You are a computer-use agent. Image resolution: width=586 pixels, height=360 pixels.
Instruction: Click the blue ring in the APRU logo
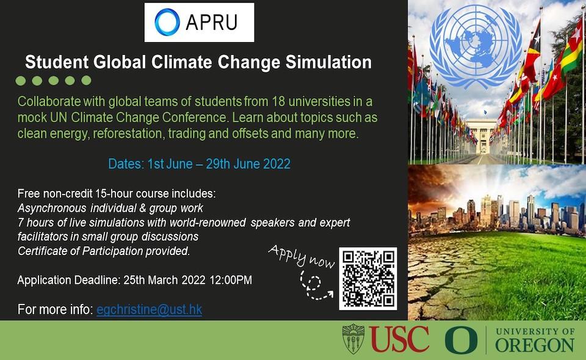point(156,23)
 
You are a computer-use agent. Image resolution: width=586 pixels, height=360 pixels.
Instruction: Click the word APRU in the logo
point(211,23)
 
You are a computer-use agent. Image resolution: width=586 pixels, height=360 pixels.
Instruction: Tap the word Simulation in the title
point(328,62)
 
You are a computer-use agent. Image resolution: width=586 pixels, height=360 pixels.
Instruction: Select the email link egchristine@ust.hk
point(149,309)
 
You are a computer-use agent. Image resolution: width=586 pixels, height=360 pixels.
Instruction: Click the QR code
point(368,278)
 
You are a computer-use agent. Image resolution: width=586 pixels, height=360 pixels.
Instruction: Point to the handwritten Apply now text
point(301,256)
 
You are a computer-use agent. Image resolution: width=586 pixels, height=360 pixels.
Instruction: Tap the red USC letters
point(399,339)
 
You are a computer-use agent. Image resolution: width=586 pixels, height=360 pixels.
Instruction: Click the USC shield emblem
point(353,339)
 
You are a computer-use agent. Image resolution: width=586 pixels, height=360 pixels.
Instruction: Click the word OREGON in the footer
point(535,345)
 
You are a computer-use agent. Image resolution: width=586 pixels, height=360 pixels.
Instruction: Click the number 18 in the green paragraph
point(279,101)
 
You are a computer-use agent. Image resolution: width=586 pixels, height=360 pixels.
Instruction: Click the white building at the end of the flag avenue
point(480,136)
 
